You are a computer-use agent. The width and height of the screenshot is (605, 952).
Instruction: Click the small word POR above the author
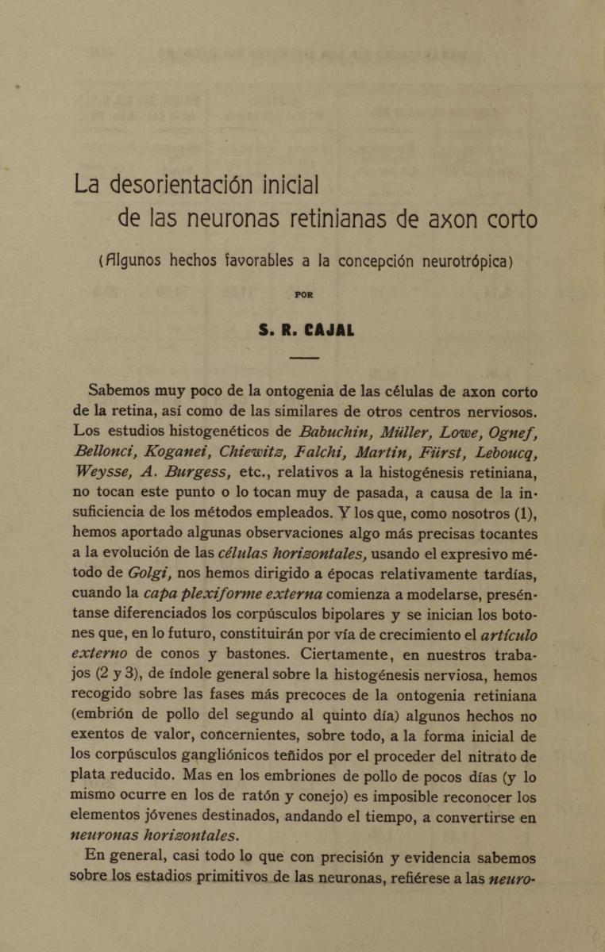(x=303, y=294)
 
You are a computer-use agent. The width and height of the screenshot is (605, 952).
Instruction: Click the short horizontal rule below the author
(x=303, y=360)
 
